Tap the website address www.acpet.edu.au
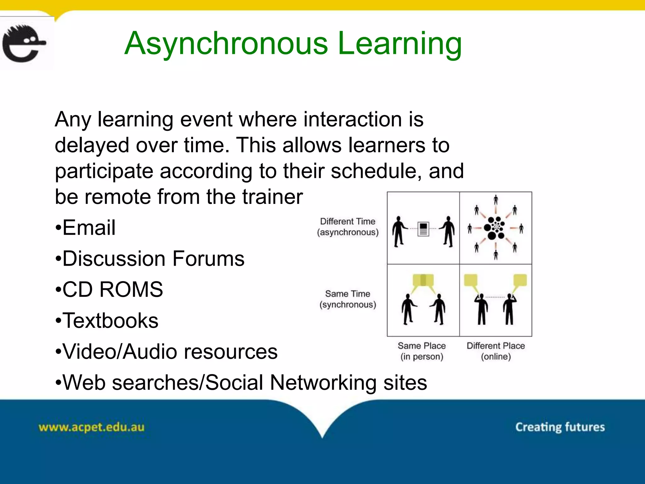[91, 427]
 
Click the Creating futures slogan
[560, 427]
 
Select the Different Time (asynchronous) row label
[348, 227]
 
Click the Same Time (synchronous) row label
[348, 299]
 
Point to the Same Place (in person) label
[422, 351]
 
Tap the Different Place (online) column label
[496, 351]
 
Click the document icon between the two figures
[423, 229]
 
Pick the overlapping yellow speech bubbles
[423, 280]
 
